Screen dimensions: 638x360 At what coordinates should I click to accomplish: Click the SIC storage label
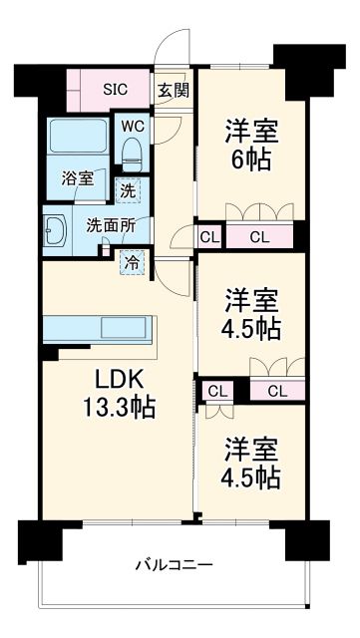pos(115,88)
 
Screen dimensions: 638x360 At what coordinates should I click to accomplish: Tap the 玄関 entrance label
pos(172,89)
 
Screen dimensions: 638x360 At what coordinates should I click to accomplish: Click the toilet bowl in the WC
pos(130,151)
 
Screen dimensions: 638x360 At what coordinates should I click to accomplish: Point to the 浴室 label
pos(78,179)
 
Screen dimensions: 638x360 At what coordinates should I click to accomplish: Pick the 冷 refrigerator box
pos(132,262)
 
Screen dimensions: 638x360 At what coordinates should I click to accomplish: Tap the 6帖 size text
pos(250,159)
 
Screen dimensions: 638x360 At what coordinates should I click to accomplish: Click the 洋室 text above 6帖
pos(250,130)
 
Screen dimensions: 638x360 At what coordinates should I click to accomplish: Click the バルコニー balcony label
pos(174,565)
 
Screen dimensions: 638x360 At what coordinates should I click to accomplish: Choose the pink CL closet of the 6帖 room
pos(259,236)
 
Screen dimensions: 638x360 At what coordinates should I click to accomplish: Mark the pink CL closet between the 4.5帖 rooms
pos(277,390)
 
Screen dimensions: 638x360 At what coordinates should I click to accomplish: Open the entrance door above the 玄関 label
pos(177,50)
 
